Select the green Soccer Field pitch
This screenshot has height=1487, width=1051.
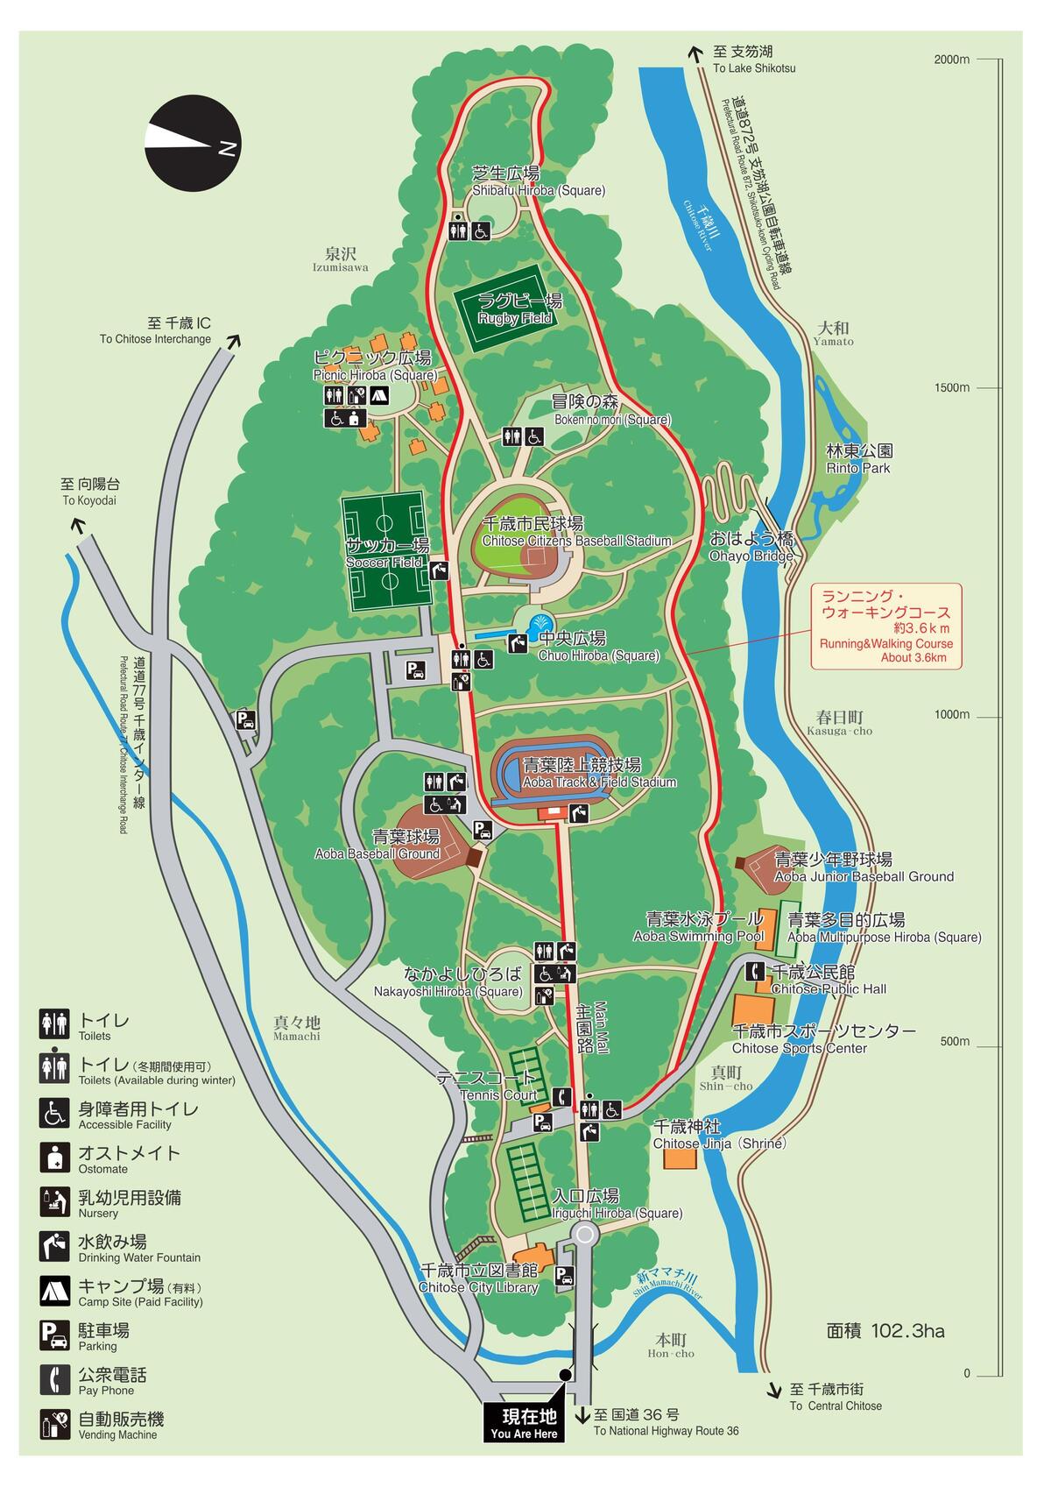pyautogui.click(x=385, y=553)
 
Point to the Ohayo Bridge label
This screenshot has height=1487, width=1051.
pyautogui.click(x=751, y=546)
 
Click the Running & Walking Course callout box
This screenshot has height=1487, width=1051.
pyautogui.click(x=885, y=626)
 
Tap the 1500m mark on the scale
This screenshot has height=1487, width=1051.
pyautogui.click(x=951, y=388)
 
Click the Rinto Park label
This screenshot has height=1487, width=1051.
pyautogui.click(x=859, y=459)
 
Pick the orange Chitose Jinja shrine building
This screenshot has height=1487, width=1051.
pyautogui.click(x=681, y=1158)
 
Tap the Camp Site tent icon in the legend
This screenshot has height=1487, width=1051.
pyautogui.click(x=55, y=1290)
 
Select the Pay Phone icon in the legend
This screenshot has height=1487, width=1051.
pyautogui.click(x=55, y=1379)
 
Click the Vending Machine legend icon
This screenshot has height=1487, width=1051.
pyautogui.click(x=55, y=1424)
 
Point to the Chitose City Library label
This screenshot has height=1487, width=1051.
pyautogui.click(x=478, y=1278)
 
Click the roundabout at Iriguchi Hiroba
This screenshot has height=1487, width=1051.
pyautogui.click(x=585, y=1235)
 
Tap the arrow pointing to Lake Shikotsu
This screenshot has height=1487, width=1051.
pyautogui.click(x=695, y=54)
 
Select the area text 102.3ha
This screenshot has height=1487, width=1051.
pyautogui.click(x=885, y=1331)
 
